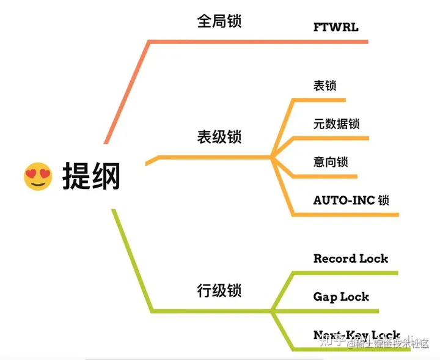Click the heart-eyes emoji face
pyautogui.click(x=38, y=176)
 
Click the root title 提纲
pyautogui.click(x=92, y=177)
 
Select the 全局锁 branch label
pyautogui.click(x=219, y=21)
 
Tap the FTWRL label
pyautogui.click(x=335, y=27)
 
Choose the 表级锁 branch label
pyautogui.click(x=219, y=136)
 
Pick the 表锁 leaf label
pyautogui.click(x=324, y=86)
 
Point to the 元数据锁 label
pyautogui.click(x=336, y=124)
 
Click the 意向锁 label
pyautogui.click(x=330, y=162)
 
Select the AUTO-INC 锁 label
pyautogui.click(x=351, y=200)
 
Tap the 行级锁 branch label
pyautogui.click(x=219, y=289)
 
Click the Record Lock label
pyautogui.click(x=351, y=259)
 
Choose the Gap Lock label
pyautogui.click(x=341, y=297)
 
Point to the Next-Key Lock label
pyautogui.click(x=356, y=336)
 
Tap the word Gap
pyautogui.click(x=325, y=298)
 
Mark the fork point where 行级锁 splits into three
pyautogui.click(x=273, y=312)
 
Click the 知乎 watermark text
pyautogui.click(x=331, y=343)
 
